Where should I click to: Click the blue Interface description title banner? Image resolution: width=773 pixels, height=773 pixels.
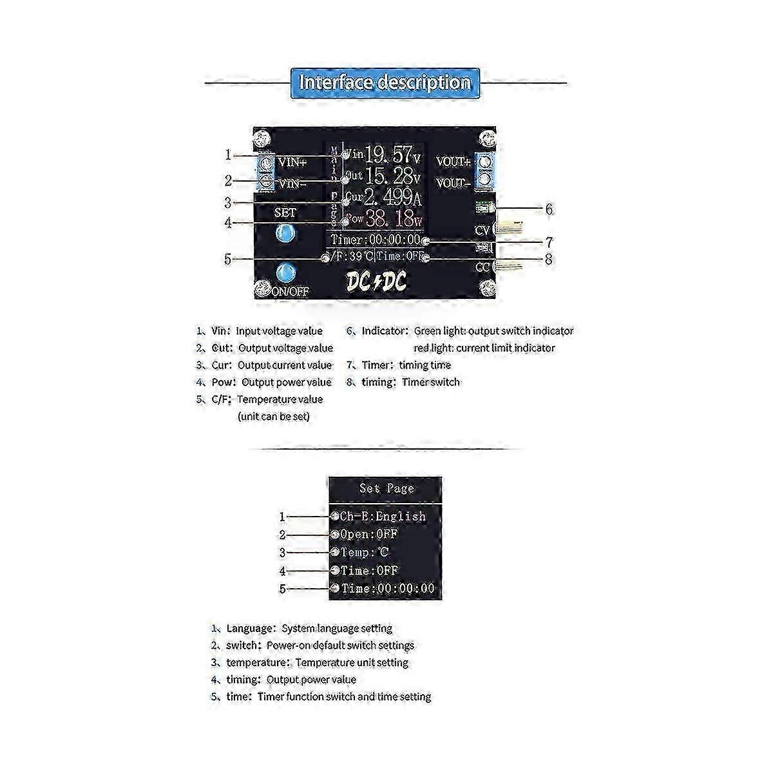point(385,82)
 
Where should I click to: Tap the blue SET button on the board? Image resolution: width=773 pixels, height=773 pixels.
point(284,234)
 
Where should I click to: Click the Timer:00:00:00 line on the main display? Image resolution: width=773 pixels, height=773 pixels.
point(375,240)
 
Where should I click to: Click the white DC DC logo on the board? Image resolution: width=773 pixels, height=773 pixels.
point(376,281)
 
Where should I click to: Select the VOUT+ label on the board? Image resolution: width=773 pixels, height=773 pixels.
point(453,162)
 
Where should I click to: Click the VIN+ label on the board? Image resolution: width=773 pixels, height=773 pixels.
point(292,162)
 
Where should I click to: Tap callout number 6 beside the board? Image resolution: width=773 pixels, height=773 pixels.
point(549,209)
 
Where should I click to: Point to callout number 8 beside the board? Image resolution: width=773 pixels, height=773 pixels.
point(549,260)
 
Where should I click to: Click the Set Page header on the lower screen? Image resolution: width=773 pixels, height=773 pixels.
point(386,489)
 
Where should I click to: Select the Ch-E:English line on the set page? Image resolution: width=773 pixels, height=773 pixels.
point(383,517)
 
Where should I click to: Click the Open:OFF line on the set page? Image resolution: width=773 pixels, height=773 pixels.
point(368,535)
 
